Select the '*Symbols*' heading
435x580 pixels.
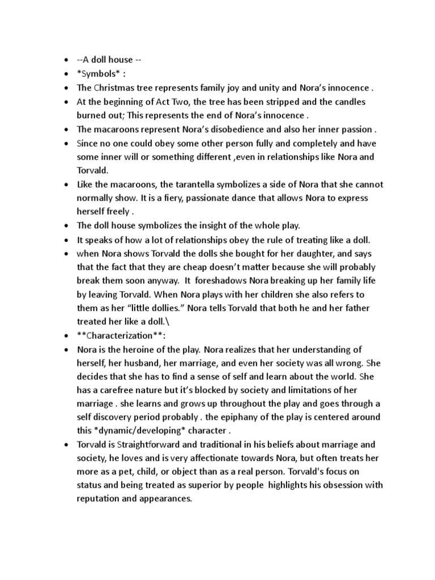pos(100,74)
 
